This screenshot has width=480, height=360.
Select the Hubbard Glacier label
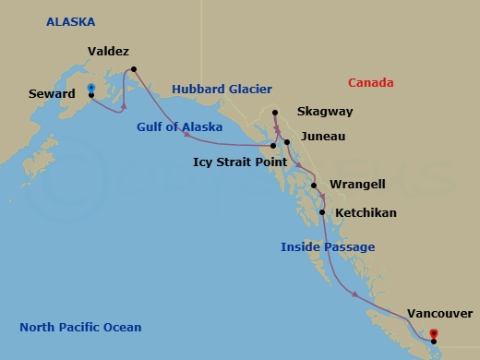pyautogui.click(x=222, y=90)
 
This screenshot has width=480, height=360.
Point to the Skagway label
pyautogui.click(x=326, y=111)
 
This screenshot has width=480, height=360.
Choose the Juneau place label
pyautogui.click(x=323, y=137)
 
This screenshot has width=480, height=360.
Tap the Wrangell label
pyautogui.click(x=358, y=184)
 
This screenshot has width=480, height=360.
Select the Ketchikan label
pyautogui.click(x=366, y=213)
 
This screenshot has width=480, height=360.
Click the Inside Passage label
pyautogui.click(x=328, y=246)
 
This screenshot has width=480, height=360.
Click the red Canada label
pyautogui.click(x=373, y=83)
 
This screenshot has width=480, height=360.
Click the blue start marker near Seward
pyautogui.click(x=91, y=88)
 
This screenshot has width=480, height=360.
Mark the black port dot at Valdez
pyautogui.click(x=134, y=68)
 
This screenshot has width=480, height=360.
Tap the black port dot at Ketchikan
pyautogui.click(x=321, y=213)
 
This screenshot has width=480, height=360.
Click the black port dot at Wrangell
pyautogui.click(x=314, y=186)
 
